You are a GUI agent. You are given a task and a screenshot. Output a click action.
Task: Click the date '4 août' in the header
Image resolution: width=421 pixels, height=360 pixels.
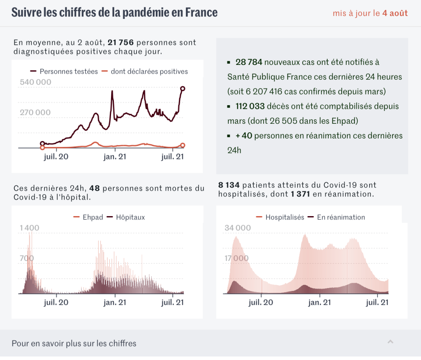395,13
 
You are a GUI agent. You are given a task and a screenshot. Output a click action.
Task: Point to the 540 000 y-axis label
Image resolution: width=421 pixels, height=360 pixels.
36,82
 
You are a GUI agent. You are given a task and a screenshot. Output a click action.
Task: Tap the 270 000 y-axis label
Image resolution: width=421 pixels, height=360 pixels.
35,113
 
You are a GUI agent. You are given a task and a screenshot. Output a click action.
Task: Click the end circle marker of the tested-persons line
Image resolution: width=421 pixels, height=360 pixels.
183,88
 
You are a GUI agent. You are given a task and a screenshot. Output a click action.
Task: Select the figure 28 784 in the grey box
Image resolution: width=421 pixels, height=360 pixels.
249,62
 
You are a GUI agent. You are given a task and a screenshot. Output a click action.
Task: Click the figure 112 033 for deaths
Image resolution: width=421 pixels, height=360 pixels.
250,106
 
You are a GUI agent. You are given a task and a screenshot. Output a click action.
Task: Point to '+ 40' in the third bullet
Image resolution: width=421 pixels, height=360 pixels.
244,136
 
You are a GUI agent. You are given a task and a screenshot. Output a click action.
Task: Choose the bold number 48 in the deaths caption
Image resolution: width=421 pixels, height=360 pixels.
95,189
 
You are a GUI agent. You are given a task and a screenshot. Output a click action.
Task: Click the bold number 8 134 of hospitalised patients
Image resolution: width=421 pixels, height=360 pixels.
229,185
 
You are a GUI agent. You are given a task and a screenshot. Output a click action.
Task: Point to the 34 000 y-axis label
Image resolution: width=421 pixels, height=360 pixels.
237,228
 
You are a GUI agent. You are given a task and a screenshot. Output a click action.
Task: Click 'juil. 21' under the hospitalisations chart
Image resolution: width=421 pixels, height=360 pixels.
377,302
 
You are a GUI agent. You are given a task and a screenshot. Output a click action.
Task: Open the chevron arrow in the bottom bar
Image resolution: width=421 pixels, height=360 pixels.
390,342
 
